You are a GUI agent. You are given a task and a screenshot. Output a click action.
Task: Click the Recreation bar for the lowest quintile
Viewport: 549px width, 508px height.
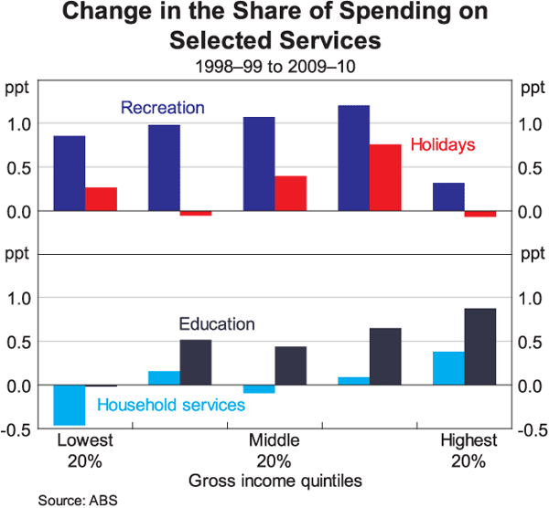click(x=70, y=174)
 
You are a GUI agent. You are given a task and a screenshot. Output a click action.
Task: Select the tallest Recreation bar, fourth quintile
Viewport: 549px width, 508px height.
click(x=353, y=158)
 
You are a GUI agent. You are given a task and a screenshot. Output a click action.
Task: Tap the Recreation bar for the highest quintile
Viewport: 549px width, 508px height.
click(x=448, y=196)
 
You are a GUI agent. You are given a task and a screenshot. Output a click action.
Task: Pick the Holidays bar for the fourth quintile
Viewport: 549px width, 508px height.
click(x=385, y=177)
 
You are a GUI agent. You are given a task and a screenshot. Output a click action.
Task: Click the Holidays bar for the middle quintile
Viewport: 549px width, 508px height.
click(x=290, y=193)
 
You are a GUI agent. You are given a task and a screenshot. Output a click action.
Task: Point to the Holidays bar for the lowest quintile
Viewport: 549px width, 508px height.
click(x=101, y=199)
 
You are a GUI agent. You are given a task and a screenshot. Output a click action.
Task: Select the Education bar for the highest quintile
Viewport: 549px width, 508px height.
click(x=479, y=347)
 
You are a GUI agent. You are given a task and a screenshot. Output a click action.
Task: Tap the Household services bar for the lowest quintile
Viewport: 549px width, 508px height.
click(x=70, y=405)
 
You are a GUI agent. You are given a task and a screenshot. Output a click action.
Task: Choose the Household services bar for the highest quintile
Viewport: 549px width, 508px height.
click(x=448, y=368)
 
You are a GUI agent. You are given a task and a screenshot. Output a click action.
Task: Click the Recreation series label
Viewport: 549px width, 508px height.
click(x=163, y=108)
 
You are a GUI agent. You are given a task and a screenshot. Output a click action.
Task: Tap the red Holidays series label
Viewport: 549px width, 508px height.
click(x=443, y=144)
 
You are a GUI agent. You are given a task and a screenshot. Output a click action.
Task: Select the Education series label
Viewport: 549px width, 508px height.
click(x=217, y=324)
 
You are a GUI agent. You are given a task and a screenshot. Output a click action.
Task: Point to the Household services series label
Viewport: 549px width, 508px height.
click(x=171, y=405)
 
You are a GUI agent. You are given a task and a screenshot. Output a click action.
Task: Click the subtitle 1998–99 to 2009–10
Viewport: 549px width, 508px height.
click(x=274, y=67)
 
